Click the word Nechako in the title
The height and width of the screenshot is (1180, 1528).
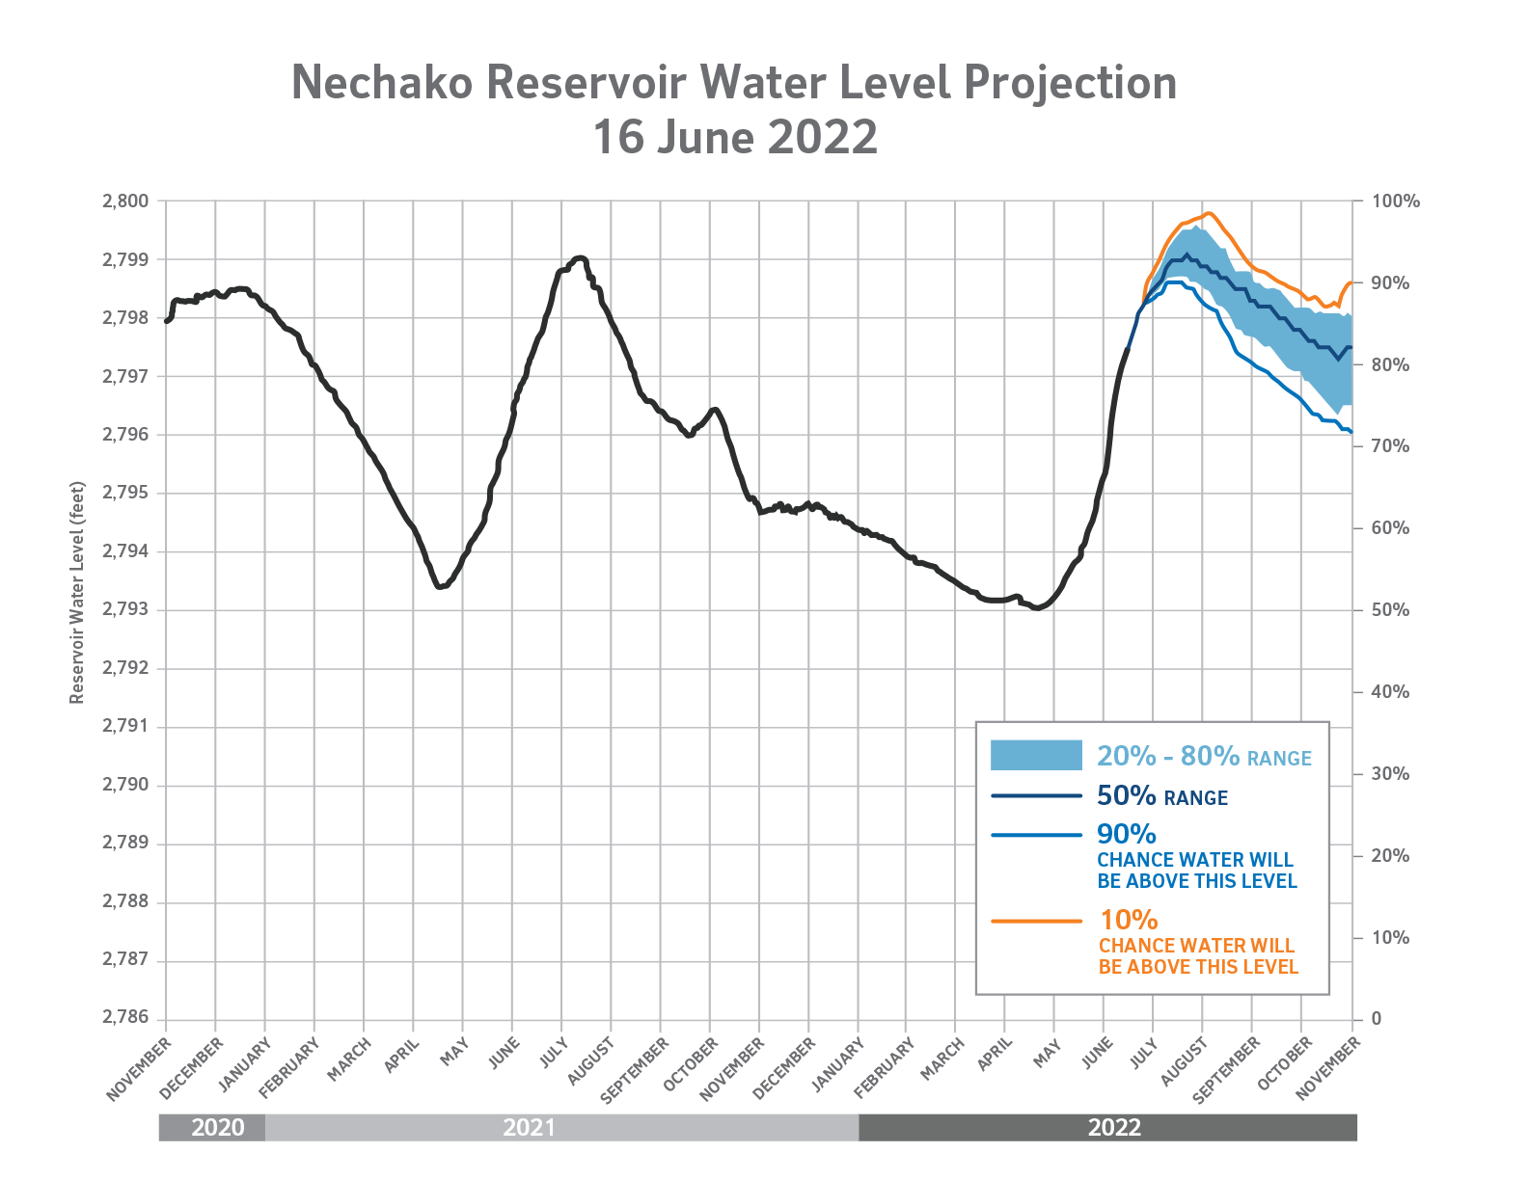pos(382,83)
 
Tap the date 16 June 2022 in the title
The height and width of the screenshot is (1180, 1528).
pos(734,137)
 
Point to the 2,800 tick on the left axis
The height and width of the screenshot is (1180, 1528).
pos(125,201)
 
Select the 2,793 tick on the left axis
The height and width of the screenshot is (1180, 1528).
pos(125,610)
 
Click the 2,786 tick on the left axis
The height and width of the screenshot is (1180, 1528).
pos(125,1018)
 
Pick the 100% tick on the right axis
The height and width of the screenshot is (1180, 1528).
pos(1395,201)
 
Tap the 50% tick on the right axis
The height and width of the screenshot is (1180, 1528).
pos(1390,610)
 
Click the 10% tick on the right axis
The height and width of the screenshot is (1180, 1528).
pos(1390,937)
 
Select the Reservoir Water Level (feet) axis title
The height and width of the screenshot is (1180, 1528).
pos(77,592)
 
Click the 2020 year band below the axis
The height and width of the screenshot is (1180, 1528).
pos(217,1127)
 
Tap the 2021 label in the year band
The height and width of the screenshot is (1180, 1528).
pos(529,1127)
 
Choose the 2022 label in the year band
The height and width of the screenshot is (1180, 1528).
pos(1114,1127)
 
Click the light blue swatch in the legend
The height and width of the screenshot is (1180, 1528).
pos(1036,755)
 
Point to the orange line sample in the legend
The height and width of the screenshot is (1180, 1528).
pos(1036,922)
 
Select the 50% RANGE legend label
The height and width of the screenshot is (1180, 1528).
pos(1161,796)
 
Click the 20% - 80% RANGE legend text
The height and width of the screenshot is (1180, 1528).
pos(1204,757)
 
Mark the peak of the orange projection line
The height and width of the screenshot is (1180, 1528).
pos(1209,213)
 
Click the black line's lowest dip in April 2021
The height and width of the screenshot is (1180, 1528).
pos(439,586)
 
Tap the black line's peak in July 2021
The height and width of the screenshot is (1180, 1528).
pos(580,257)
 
